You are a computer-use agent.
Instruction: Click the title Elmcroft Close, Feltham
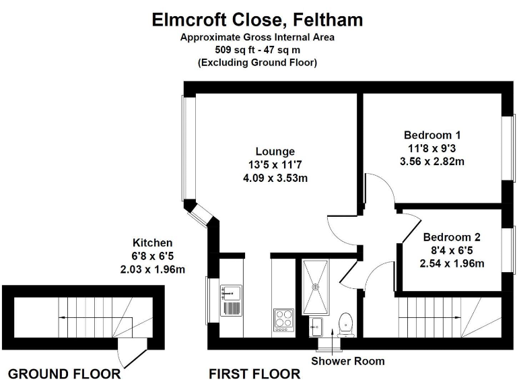click(257, 20)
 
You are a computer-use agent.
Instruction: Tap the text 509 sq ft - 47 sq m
click(257, 50)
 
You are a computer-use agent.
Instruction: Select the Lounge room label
click(275, 151)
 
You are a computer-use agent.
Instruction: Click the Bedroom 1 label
click(432, 134)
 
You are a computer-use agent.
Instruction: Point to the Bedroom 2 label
click(452, 237)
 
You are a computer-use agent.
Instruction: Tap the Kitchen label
click(152, 243)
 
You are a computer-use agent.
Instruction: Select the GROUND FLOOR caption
click(64, 374)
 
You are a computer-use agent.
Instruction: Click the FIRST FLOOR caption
click(254, 374)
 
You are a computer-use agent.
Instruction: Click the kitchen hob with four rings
click(283, 321)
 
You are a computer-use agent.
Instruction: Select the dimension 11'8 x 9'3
click(432, 148)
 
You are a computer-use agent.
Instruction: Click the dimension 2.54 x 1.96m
click(452, 263)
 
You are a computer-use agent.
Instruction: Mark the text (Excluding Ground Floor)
click(257, 62)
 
